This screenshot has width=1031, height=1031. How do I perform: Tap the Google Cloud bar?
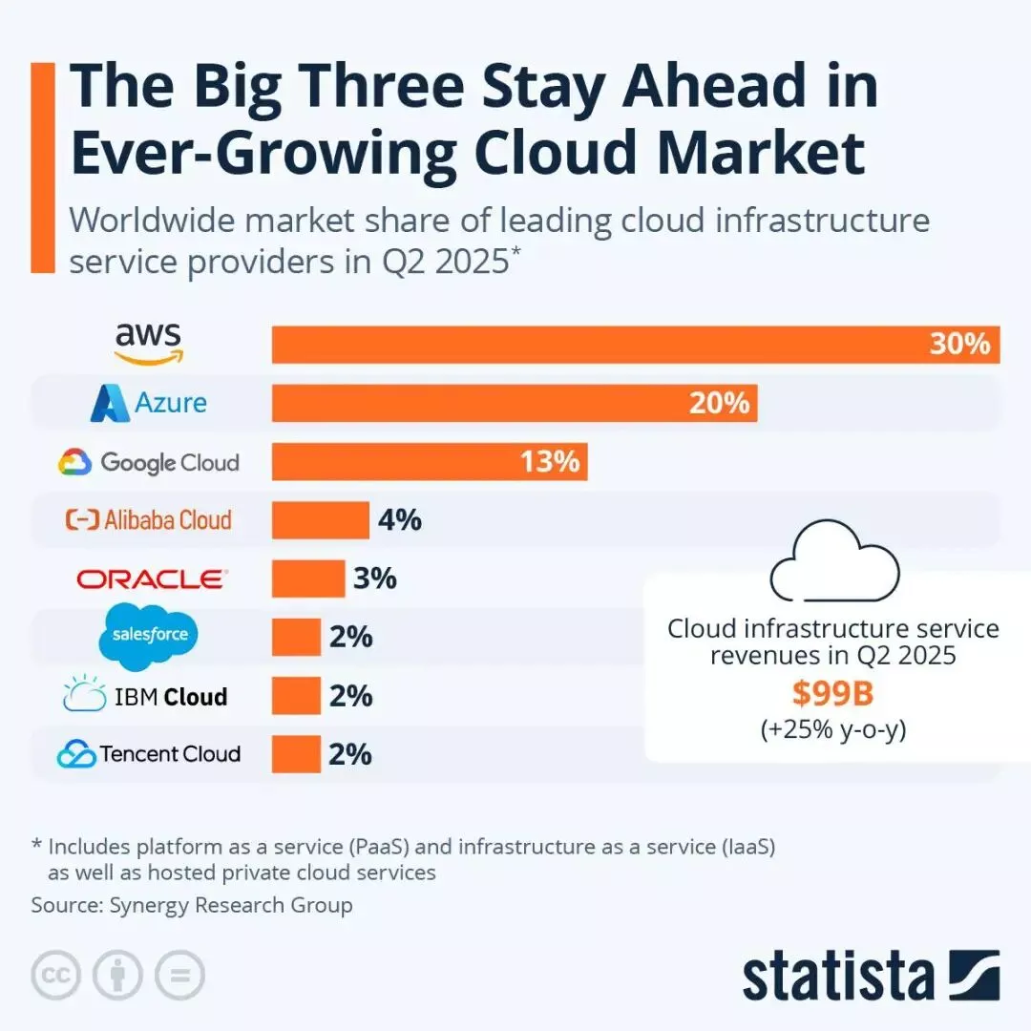tap(401, 462)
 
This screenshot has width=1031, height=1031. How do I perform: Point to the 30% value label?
tap(959, 344)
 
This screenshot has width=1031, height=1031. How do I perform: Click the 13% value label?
tap(550, 462)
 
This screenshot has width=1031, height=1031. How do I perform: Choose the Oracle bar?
tap(307, 579)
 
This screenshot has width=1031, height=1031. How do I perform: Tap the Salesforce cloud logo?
tap(149, 633)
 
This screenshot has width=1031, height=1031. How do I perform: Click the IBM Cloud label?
tap(146, 696)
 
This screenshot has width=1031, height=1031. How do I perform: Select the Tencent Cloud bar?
tap(296, 754)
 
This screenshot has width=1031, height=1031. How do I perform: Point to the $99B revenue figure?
tap(833, 694)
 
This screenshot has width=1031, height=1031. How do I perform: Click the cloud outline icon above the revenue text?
tap(833, 569)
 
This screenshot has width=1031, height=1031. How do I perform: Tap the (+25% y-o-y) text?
tap(833, 730)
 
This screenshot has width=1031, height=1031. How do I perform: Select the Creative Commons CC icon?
tap(55, 976)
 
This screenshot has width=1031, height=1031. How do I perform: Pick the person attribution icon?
tap(117, 976)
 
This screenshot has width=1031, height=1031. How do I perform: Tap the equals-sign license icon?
tap(179, 976)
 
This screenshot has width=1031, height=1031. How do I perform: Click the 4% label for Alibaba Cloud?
tap(400, 520)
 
